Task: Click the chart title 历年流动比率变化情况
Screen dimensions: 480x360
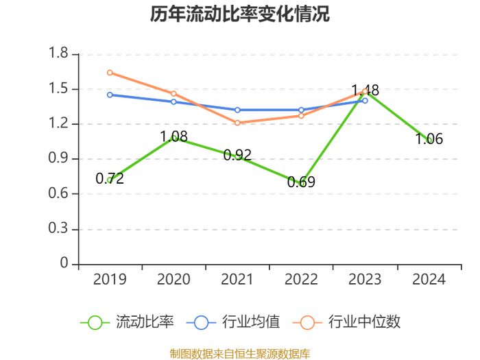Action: pos(240,14)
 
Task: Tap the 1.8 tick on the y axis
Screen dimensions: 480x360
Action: pos(58,53)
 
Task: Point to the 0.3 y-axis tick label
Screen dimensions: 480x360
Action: pos(58,228)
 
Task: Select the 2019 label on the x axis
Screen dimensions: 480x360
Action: pos(110,279)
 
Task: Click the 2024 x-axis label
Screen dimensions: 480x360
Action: pos(429,279)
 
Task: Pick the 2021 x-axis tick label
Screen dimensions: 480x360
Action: pos(237,279)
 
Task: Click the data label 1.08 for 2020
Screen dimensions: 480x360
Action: pos(174,136)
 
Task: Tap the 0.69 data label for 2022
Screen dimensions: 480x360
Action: pos(301,182)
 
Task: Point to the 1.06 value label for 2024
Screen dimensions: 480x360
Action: pos(429,139)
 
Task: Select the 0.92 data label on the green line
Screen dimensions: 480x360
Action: pos(237,155)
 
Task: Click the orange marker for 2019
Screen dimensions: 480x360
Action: pos(110,73)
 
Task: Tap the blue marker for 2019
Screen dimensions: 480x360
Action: pos(110,95)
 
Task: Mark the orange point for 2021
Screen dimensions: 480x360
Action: pos(237,123)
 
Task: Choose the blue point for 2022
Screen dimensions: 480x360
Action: pos(301,110)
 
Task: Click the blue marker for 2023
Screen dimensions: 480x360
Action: pos(365,100)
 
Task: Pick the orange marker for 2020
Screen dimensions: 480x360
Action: pos(173,93)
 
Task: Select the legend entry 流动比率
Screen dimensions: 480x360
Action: pos(127,322)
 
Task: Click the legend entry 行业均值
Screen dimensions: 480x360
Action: pos(233,322)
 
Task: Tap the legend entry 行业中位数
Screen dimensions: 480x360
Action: pos(346,322)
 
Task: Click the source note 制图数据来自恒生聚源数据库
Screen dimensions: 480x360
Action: pos(240,354)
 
